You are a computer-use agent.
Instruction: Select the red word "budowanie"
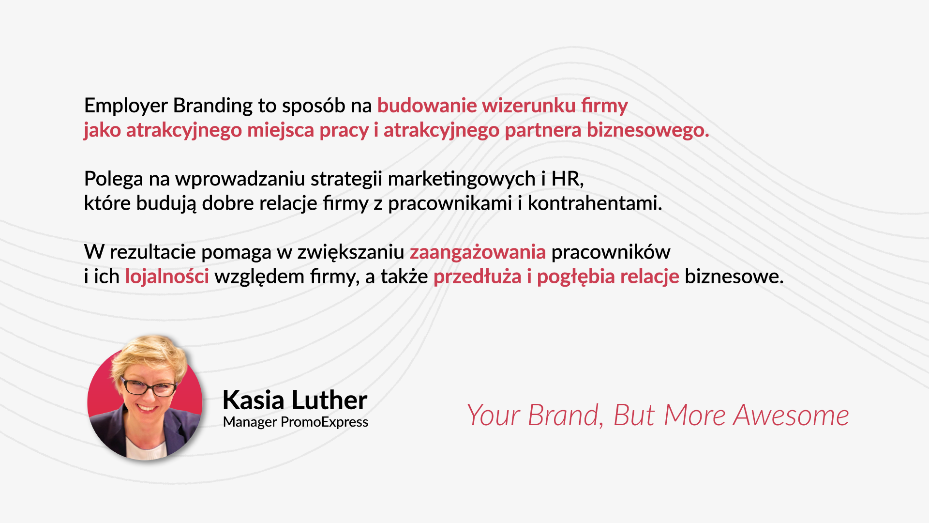tap(427, 106)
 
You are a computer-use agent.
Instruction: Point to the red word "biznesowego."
tap(648, 130)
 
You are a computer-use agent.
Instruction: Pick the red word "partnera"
tap(543, 130)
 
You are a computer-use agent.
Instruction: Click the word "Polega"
tap(114, 179)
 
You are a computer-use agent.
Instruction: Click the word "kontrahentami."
tap(595, 203)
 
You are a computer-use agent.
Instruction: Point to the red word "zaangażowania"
tap(478, 252)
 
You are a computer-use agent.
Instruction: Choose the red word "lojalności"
tap(167, 277)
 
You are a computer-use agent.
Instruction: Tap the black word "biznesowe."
tap(734, 277)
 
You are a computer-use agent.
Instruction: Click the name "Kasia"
tap(254, 400)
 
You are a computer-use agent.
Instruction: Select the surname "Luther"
tap(330, 400)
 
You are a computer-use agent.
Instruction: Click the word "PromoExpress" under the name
tap(324, 422)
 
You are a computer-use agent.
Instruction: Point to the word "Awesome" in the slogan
tap(791, 415)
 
